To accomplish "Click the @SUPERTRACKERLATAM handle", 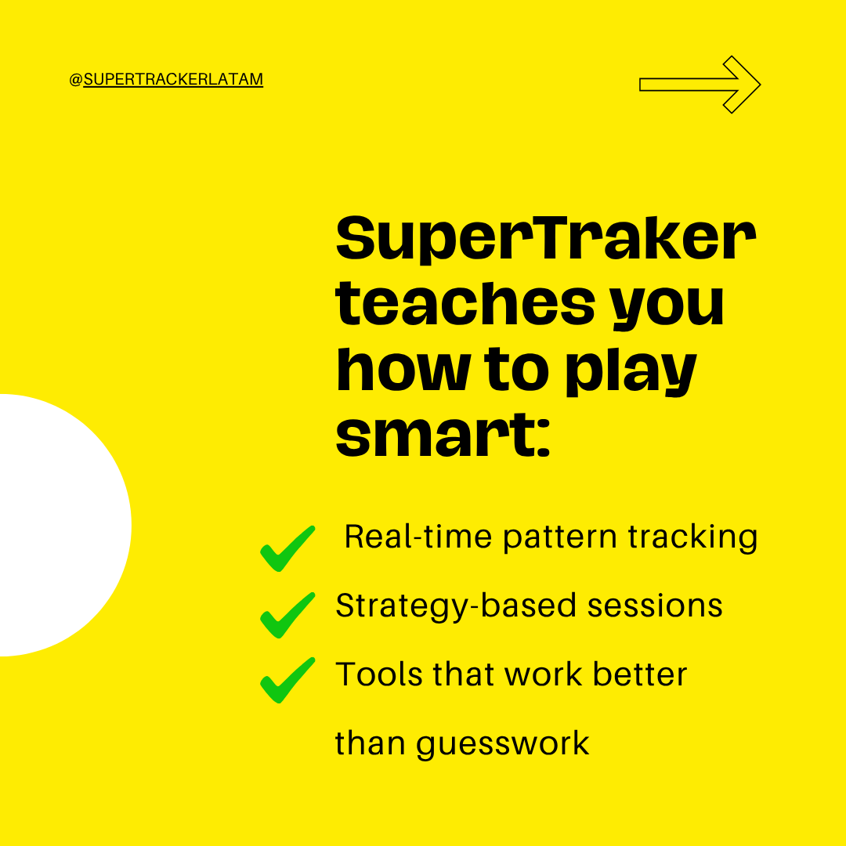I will point(166,79).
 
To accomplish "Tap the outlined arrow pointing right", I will point(700,85).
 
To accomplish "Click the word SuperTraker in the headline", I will point(545,241).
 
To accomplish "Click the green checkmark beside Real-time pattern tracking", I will point(287,548).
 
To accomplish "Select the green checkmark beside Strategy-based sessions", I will point(287,615).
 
